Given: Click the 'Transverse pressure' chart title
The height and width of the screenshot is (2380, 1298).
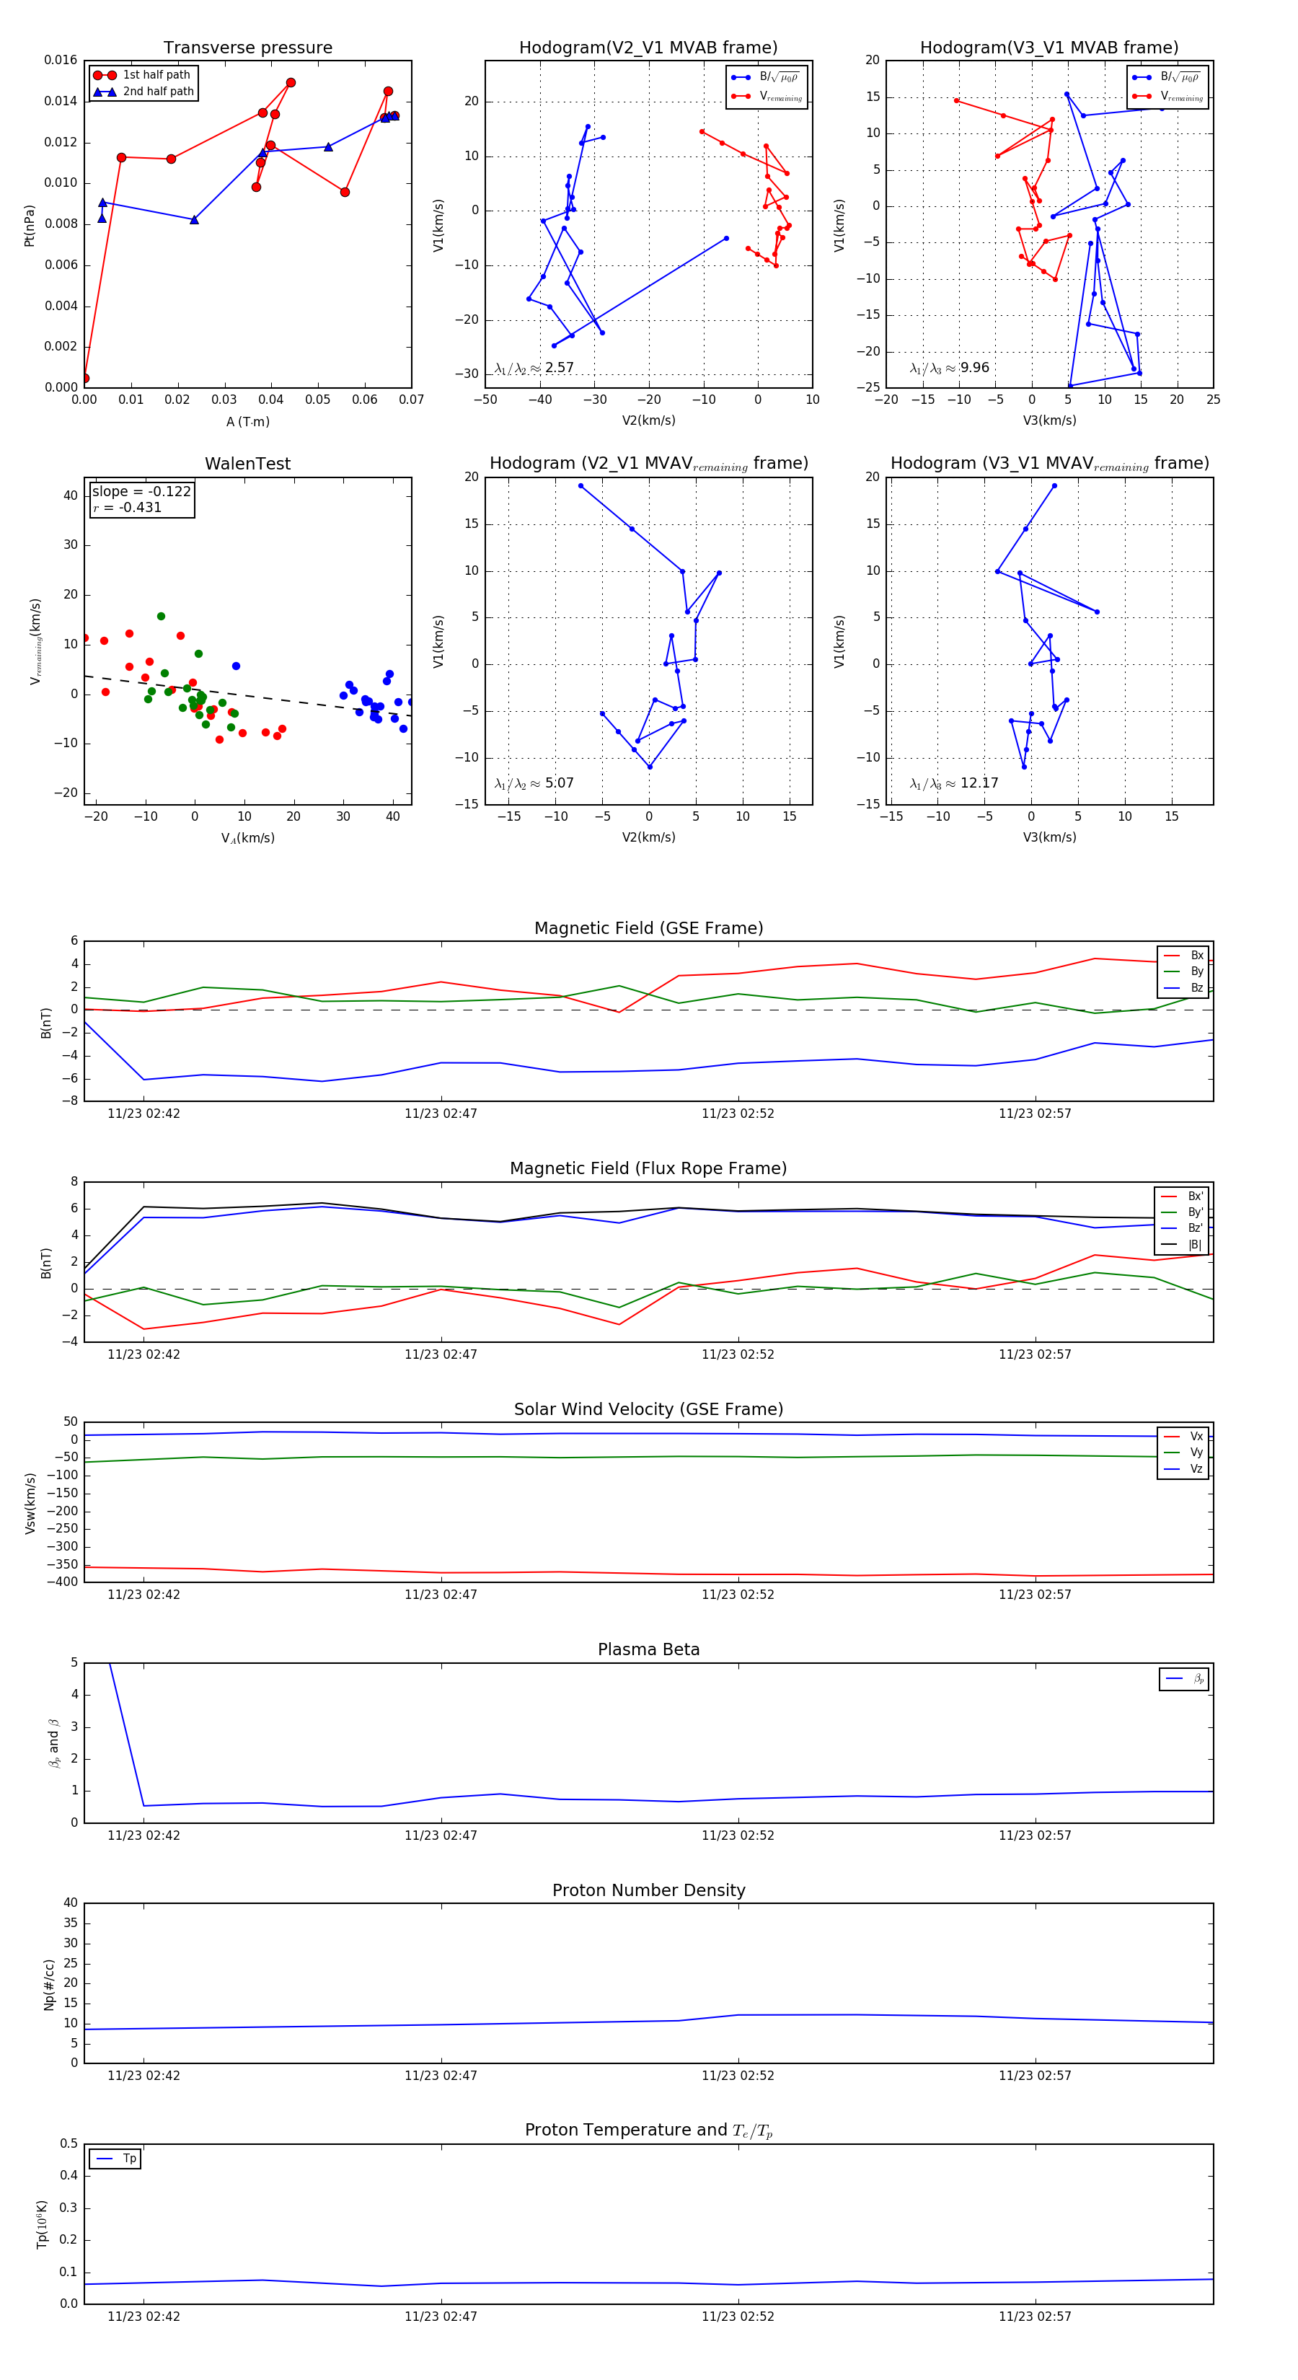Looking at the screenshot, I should [x=247, y=48].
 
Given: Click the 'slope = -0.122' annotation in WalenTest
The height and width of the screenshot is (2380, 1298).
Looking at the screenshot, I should [x=141, y=492].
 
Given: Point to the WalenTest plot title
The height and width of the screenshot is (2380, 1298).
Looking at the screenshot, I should [x=247, y=464].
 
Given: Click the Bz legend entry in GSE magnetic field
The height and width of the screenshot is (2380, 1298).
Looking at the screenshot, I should [x=1196, y=987].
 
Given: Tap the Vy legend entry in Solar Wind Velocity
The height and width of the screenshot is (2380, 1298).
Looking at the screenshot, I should [x=1196, y=1453].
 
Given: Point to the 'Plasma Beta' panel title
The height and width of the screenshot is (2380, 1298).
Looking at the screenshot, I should [x=648, y=1649].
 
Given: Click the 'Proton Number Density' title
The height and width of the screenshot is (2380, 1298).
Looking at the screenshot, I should [x=648, y=1890].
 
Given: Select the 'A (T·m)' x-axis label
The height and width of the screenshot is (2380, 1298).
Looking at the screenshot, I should [x=247, y=422].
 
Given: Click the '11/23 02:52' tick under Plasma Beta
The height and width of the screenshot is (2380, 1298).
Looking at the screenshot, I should [x=737, y=1835].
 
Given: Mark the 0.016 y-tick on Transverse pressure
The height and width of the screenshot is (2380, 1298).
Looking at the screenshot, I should [x=61, y=60].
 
